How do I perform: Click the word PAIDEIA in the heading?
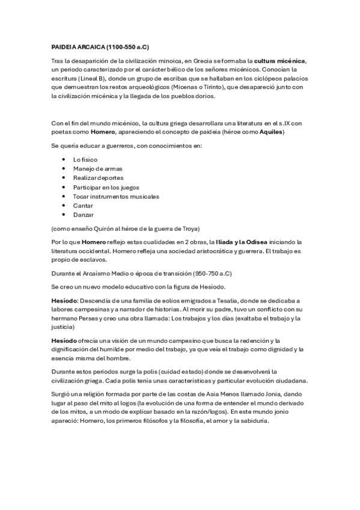click(64, 46)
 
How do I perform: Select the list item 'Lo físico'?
click(86, 159)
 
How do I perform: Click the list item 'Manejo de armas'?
click(97, 169)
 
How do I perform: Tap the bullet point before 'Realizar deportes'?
click(64, 178)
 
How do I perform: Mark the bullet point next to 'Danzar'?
click(64, 215)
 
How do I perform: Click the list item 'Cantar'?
click(83, 206)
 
